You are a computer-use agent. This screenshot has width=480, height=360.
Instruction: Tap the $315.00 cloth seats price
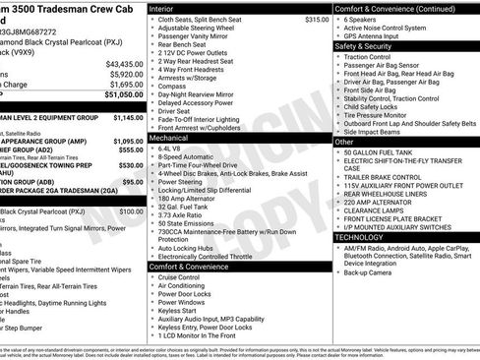(317, 19)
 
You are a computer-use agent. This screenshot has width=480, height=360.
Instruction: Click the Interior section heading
(161, 7)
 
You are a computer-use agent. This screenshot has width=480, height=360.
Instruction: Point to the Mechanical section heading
(168, 140)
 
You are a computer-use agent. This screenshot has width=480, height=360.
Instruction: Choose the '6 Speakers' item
(362, 19)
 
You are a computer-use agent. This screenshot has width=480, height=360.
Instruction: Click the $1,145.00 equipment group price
(128, 117)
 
